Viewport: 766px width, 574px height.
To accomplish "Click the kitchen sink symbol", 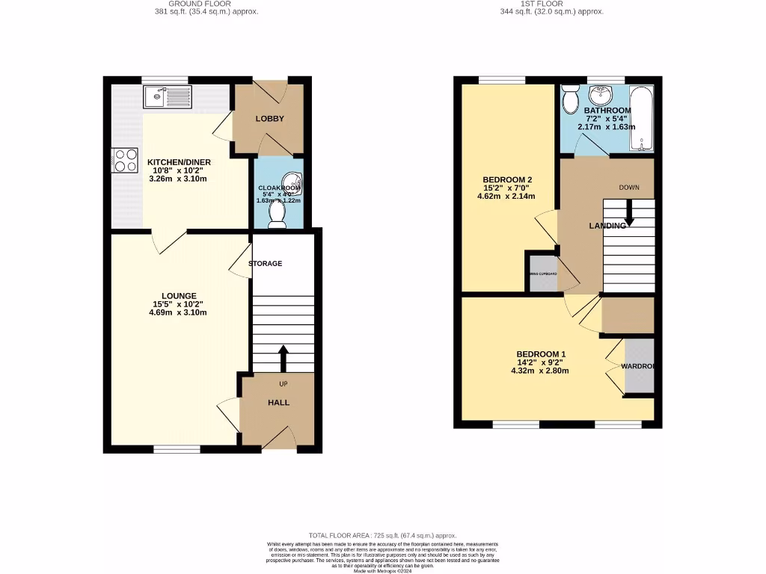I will [168, 96].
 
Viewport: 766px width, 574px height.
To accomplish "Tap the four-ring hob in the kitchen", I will [125, 160].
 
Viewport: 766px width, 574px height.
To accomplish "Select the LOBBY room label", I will [269, 119].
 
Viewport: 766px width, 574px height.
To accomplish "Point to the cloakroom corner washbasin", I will [295, 180].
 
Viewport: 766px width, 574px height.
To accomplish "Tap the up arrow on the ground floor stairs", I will [283, 358].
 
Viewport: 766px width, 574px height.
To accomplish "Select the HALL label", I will [278, 403].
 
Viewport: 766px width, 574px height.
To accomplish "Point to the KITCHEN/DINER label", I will [179, 162].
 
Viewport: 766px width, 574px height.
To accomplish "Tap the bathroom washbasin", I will [598, 95].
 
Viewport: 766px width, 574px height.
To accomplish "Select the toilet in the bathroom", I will [571, 98].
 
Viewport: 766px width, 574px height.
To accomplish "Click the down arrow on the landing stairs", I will [629, 215].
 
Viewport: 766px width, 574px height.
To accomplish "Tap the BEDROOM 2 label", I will [507, 180].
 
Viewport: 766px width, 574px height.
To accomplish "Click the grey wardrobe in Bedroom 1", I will [640, 366].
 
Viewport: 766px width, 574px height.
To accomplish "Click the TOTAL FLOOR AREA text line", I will [382, 535].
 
